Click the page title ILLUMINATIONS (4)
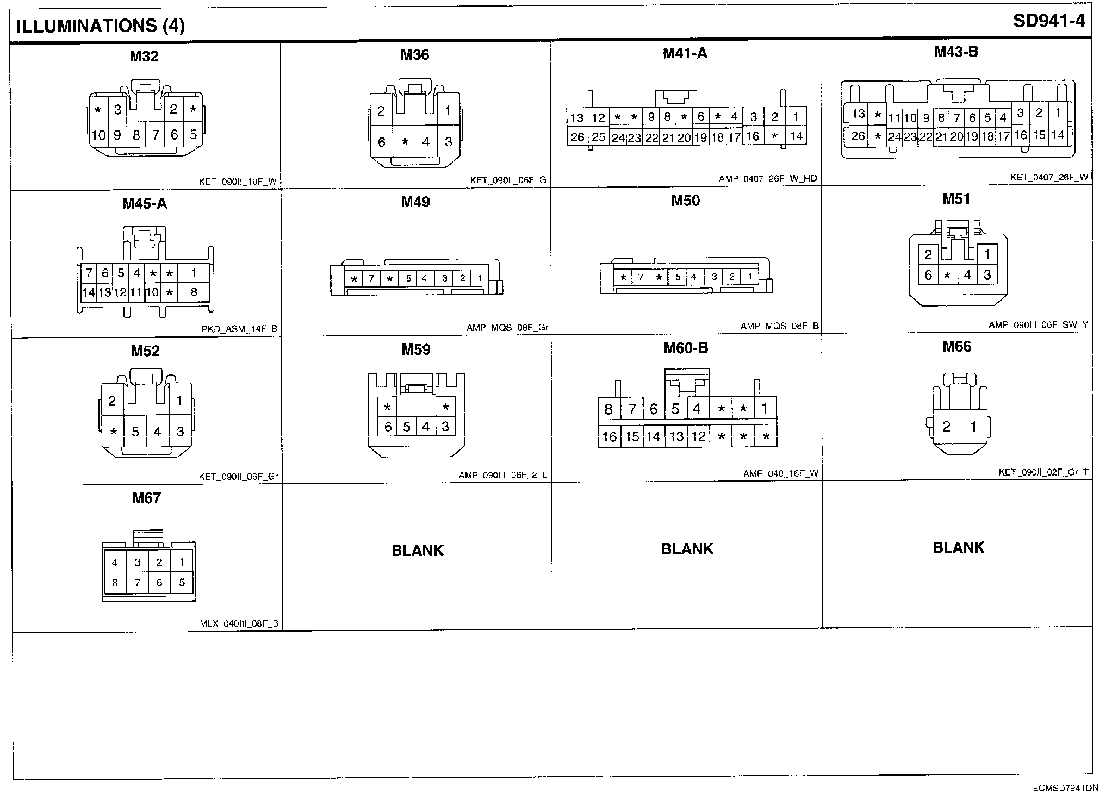pos(101,26)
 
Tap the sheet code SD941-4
pos(1049,21)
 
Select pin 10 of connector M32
pos(98,135)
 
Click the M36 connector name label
pos(415,55)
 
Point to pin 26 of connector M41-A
pos(577,137)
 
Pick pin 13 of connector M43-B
pos(858,114)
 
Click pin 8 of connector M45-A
pos(194,292)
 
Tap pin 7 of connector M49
pos(371,279)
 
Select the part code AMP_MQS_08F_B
pos(779,327)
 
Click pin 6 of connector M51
pos(928,276)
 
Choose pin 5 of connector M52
pos(135,432)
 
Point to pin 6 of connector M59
pos(388,427)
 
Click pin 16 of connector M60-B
pos(610,436)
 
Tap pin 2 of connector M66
pos(947,427)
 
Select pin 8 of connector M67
pos(115,583)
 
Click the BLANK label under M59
pos(418,551)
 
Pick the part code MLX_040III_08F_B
pos(239,624)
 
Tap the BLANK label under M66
pos(958,547)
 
